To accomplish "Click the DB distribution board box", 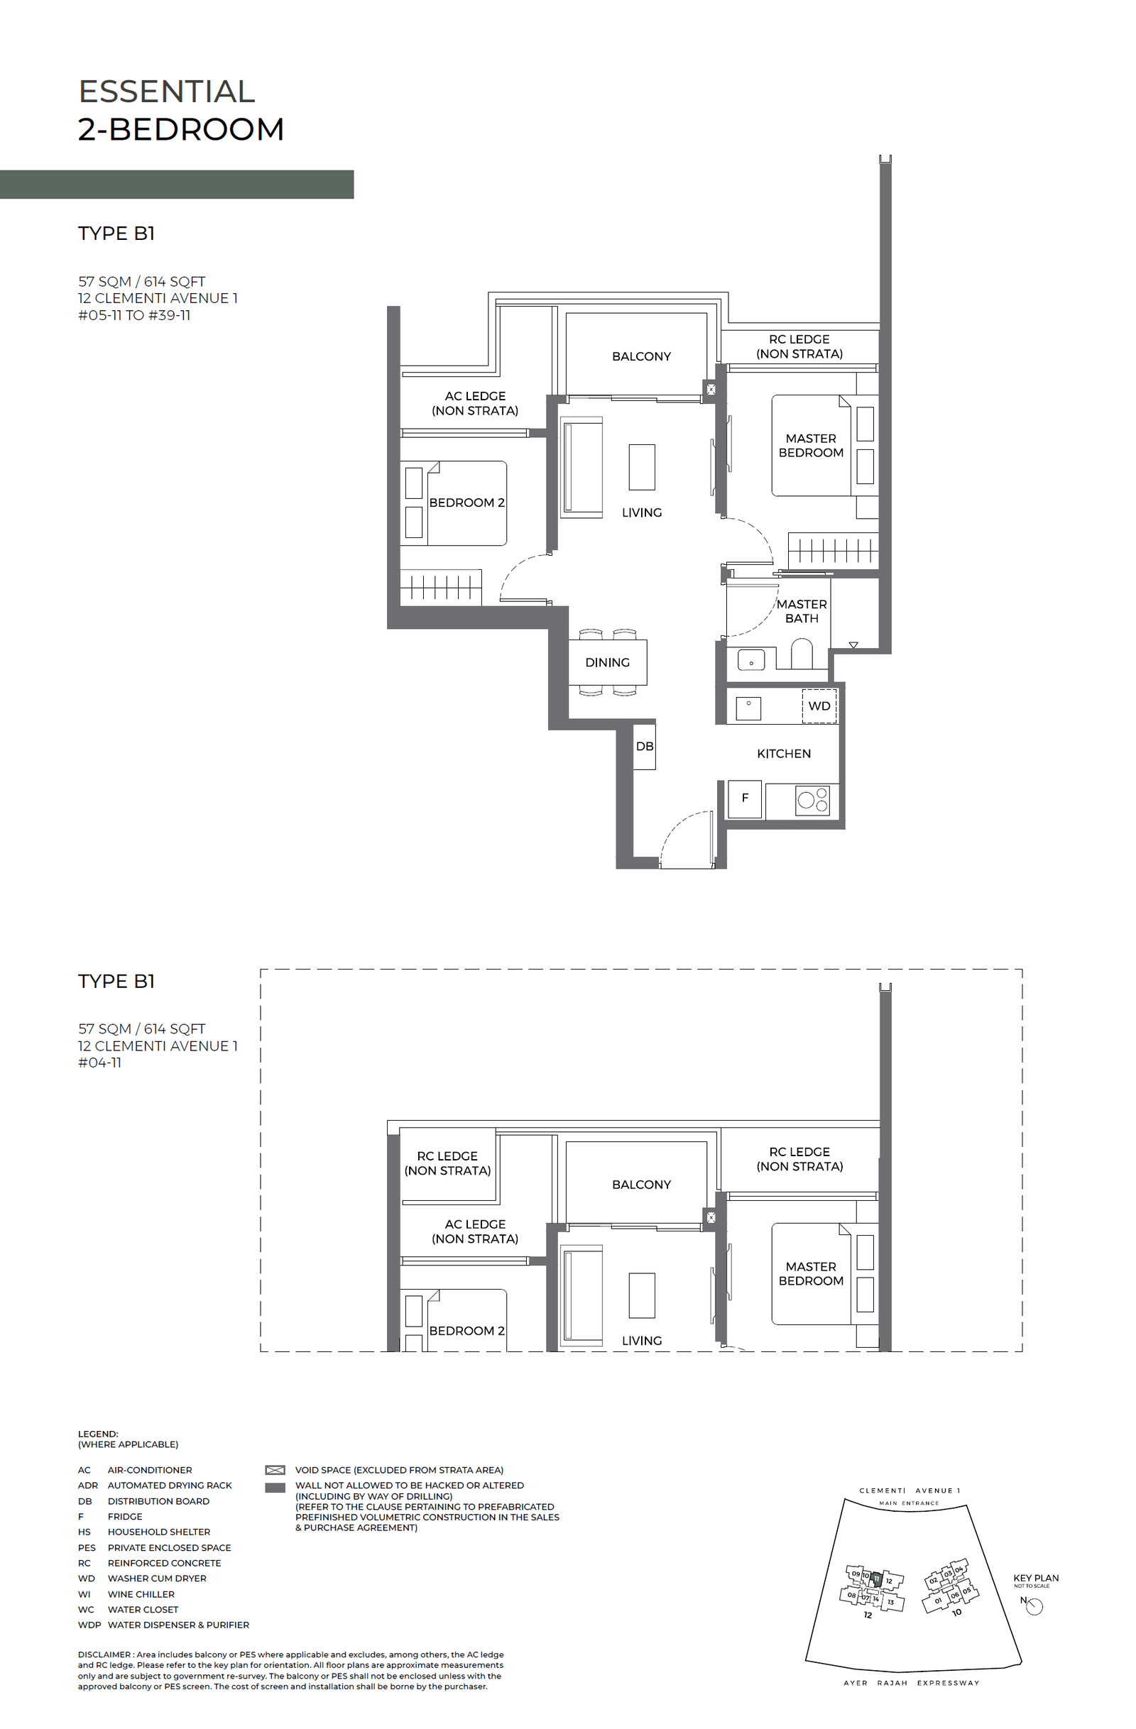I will pyautogui.click(x=644, y=746).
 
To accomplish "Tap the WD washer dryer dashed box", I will pyautogui.click(x=819, y=706).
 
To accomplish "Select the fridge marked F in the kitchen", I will pyautogui.click(x=744, y=798).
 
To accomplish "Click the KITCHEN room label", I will pyautogui.click(x=784, y=753).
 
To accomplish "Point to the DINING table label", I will pyautogui.click(x=607, y=662).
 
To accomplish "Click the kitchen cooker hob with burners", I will pyautogui.click(x=812, y=799).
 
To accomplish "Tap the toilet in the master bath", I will pyautogui.click(x=801, y=653).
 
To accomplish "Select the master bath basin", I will pyautogui.click(x=750, y=660).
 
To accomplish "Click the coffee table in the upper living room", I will pyautogui.click(x=642, y=467).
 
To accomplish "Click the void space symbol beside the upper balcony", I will pyautogui.click(x=711, y=390).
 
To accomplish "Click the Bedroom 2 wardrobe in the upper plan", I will pyautogui.click(x=440, y=587).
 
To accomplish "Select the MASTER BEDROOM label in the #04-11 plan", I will pyautogui.click(x=810, y=1273).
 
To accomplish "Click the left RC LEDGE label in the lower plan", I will pyautogui.click(x=447, y=1163).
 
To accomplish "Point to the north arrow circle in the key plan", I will pyautogui.click(x=1034, y=1606).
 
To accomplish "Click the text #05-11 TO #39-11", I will pyautogui.click(x=134, y=315).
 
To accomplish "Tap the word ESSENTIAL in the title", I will pyautogui.click(x=166, y=92).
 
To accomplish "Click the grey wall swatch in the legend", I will pyautogui.click(x=275, y=1487).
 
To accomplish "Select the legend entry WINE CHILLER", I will pyautogui.click(x=141, y=1594).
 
